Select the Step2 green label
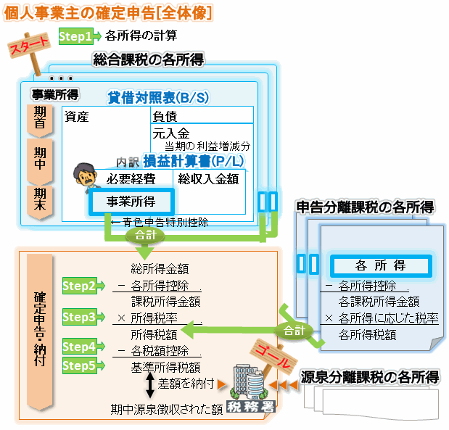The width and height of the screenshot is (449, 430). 80,286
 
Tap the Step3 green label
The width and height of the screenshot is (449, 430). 80,317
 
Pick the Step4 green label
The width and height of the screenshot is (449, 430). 80,347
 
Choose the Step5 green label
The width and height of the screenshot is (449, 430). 80,365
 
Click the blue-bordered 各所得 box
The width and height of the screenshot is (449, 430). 380,265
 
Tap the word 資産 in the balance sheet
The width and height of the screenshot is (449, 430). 76,116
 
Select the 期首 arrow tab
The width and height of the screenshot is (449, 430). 40,118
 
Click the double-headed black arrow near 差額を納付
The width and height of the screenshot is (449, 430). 150,384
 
